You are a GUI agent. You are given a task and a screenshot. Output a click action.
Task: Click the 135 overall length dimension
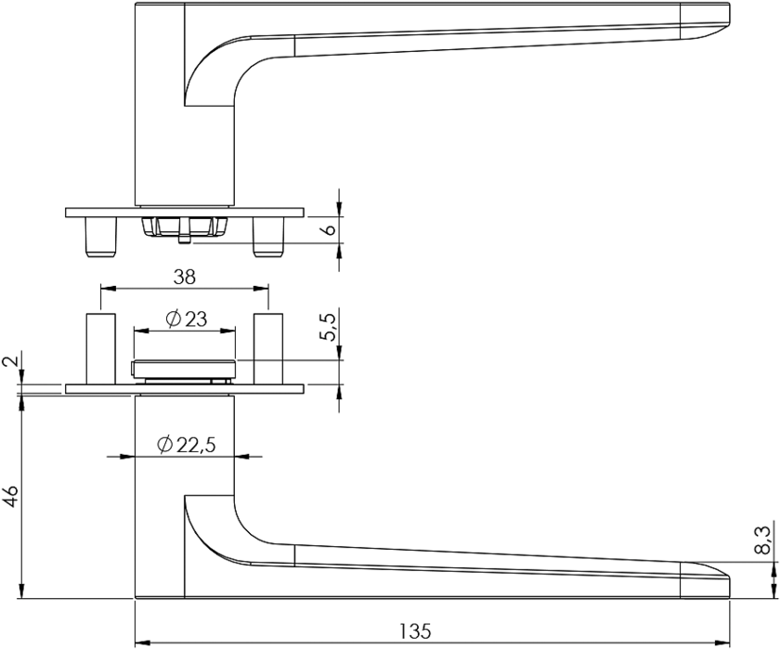pyautogui.click(x=414, y=631)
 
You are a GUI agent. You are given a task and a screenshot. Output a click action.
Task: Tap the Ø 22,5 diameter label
pyautogui.click(x=186, y=445)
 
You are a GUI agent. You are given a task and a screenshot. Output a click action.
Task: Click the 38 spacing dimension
pyautogui.click(x=184, y=278)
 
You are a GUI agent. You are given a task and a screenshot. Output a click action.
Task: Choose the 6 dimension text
pyautogui.click(x=330, y=230)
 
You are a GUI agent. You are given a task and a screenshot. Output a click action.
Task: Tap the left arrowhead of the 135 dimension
pyautogui.click(x=143, y=642)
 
